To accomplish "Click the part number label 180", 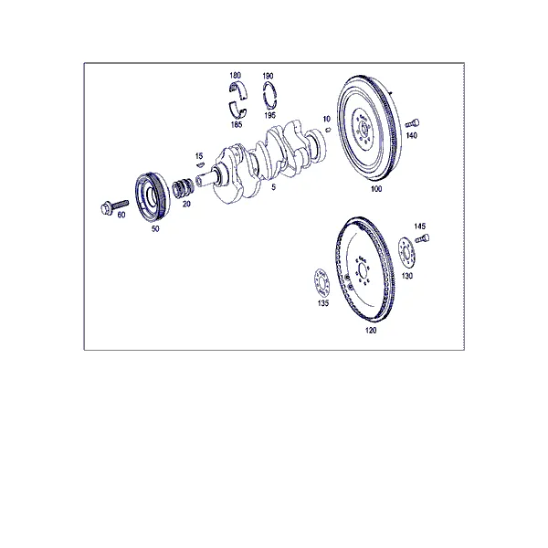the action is click(x=236, y=75).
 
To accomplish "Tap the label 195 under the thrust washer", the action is click(x=269, y=115).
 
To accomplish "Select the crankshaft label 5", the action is click(x=273, y=187).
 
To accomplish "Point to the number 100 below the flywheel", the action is click(x=376, y=189).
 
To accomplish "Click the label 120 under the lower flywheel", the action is click(x=371, y=331).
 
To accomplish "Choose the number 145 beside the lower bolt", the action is click(x=420, y=227).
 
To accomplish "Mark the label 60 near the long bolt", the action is click(x=121, y=215).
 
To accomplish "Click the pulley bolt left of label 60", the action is click(x=114, y=207).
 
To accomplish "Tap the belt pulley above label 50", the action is click(x=153, y=196).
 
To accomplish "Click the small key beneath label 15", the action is click(x=200, y=164).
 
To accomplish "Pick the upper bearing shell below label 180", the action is click(x=238, y=90).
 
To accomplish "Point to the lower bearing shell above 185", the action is click(x=238, y=110).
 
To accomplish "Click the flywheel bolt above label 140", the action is click(x=413, y=123).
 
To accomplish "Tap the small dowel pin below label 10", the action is click(x=328, y=130).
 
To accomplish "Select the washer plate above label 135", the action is click(x=321, y=283).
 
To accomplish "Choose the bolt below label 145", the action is click(x=422, y=239).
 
